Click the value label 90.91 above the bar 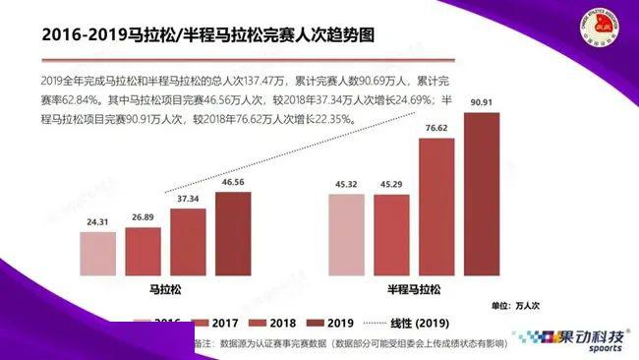482,102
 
